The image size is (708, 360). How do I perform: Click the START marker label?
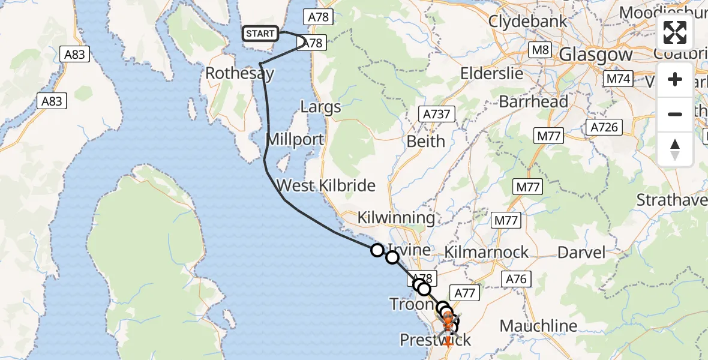tap(260, 34)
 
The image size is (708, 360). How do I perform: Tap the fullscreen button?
tap(675, 32)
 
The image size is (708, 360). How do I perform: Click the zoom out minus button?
tap(675, 114)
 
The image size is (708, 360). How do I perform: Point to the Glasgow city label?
tap(595, 55)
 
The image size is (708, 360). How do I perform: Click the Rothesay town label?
tap(239, 74)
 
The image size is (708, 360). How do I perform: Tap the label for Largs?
tap(320, 107)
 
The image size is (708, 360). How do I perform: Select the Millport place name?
tap(295, 140)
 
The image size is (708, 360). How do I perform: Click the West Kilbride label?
tap(326, 185)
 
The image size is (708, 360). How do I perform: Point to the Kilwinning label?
tap(396, 217)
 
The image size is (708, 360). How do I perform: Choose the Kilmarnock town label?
tap(486, 252)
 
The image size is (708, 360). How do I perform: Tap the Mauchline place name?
tap(538, 326)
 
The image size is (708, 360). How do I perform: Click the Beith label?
tap(425, 142)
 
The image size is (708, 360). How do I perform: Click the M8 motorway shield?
tap(541, 49)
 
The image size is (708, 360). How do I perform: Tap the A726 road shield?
tap(604, 127)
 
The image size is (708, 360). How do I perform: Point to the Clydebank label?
tap(527, 21)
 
